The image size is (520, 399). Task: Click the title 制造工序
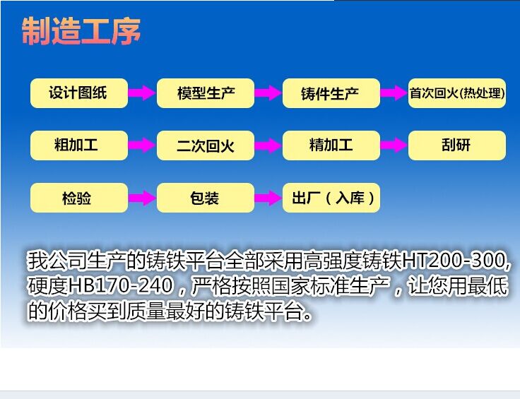click(81, 31)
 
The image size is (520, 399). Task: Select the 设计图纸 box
click(79, 93)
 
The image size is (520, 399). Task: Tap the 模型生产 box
click(206, 93)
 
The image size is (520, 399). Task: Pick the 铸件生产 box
click(331, 93)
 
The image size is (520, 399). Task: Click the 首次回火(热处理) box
click(457, 93)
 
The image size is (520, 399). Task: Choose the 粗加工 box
click(79, 145)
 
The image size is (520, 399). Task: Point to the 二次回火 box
click(206, 145)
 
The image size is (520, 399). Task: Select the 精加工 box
click(331, 145)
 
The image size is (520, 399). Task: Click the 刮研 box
click(457, 145)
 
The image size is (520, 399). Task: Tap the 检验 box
click(79, 198)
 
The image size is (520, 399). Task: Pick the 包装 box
click(206, 198)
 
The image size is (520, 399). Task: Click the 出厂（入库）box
click(331, 198)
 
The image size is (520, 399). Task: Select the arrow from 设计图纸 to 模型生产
click(142, 93)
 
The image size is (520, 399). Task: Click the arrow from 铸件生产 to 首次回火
click(394, 93)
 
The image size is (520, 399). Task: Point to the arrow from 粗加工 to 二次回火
click(142, 145)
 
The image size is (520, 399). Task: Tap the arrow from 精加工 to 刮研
click(394, 145)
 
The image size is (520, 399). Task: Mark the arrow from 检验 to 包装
click(142, 198)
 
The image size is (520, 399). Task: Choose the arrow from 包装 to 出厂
click(268, 198)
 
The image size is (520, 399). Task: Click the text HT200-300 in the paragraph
click(454, 261)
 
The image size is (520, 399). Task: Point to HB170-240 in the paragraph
click(121, 286)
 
